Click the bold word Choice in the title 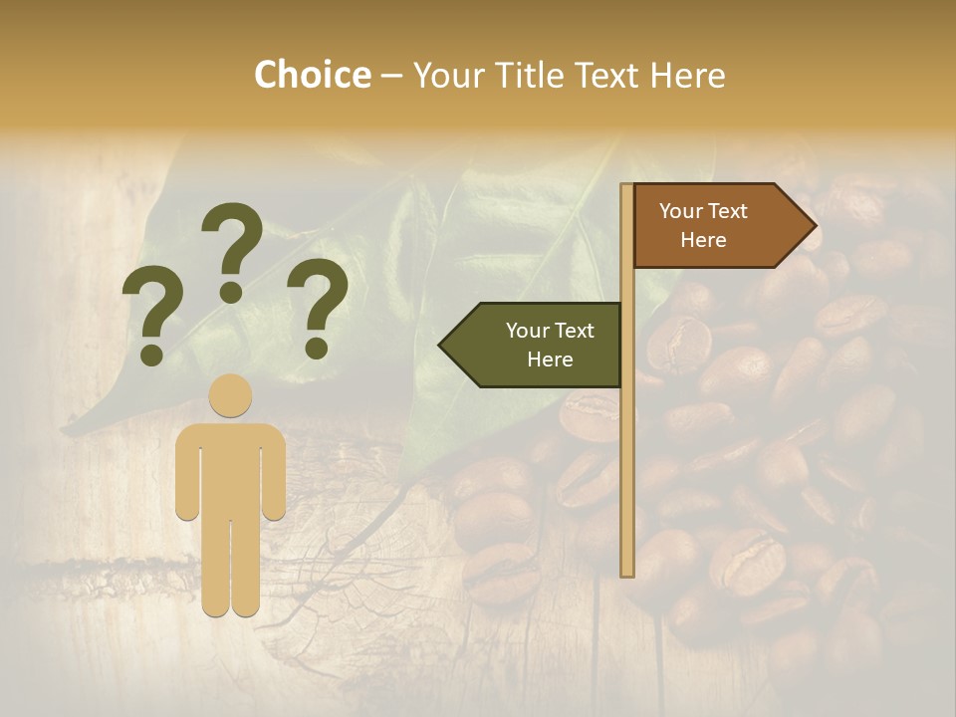pos(312,75)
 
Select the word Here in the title pos(687,75)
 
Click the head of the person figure pos(231,395)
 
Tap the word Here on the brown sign pos(703,240)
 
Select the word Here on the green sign pos(550,359)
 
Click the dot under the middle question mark pos(231,291)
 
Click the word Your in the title pos(445,75)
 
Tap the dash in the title pos(391,77)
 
